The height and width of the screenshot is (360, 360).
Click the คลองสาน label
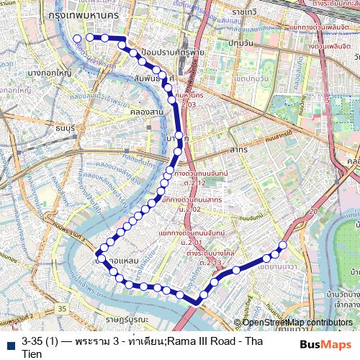click(x=140, y=112)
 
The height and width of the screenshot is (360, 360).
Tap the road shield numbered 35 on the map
click(x=63, y=308)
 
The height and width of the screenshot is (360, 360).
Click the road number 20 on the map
click(x=313, y=211)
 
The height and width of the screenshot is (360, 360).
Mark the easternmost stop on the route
click(x=282, y=246)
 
